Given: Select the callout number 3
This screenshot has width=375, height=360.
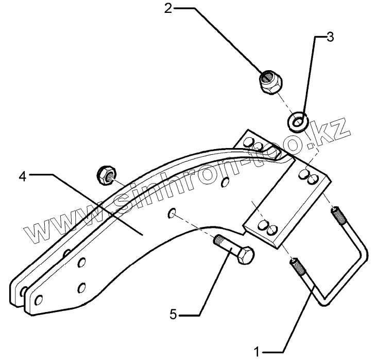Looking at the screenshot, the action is click(x=330, y=37).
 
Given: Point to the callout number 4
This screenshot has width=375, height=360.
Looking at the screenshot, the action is click(x=22, y=176).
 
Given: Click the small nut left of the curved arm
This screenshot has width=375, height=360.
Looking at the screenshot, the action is click(x=106, y=173).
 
